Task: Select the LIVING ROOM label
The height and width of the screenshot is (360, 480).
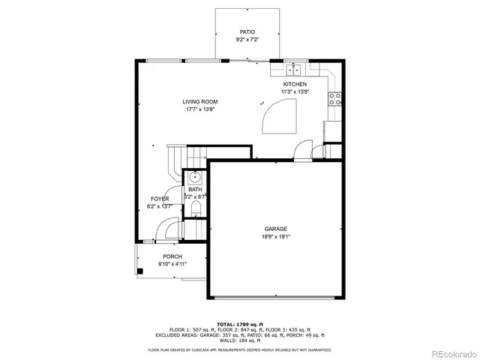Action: tap(200, 102)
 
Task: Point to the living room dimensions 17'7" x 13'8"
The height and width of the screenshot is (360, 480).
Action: tap(200, 109)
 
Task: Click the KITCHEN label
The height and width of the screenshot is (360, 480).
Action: tap(294, 85)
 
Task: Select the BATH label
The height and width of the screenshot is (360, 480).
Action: tap(194, 190)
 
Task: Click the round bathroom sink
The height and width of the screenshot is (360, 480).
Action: tap(193, 178)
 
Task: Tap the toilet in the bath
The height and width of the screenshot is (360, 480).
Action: tap(195, 208)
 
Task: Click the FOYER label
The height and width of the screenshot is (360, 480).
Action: tap(160, 199)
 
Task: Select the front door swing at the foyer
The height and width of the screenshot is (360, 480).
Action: tap(170, 228)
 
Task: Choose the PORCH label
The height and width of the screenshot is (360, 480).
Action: tap(172, 256)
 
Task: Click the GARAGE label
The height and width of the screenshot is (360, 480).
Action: tap(275, 229)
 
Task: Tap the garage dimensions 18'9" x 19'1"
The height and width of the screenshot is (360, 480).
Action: tap(275, 236)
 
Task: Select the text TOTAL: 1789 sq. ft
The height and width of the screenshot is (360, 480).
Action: tap(240, 323)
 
